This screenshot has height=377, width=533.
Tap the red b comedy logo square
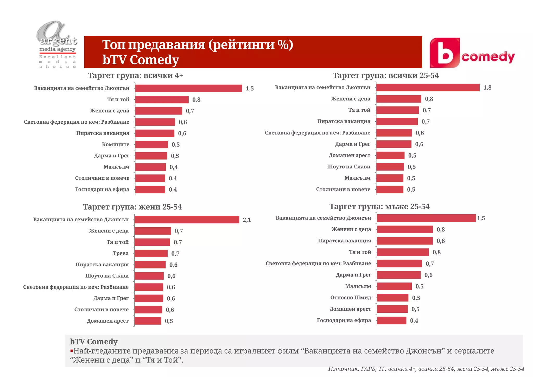(x=445, y=53)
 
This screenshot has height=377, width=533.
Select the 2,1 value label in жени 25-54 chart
(x=247, y=220)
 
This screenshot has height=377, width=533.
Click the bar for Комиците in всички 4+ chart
(x=151, y=144)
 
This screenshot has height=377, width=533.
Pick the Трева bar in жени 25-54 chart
(x=151, y=253)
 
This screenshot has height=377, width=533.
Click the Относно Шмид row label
(x=351, y=298)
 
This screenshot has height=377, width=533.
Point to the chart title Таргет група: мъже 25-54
(x=379, y=206)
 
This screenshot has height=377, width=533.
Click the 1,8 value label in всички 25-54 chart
(x=487, y=88)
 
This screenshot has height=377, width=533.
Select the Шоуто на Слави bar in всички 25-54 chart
(x=390, y=167)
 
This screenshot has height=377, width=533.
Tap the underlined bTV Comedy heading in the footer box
(x=94, y=342)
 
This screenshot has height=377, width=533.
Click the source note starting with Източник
(x=426, y=369)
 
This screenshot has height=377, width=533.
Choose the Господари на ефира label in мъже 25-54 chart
(x=344, y=320)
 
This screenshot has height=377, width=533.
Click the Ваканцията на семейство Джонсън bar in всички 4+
(x=188, y=88)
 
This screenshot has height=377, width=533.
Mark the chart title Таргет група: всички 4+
(x=135, y=76)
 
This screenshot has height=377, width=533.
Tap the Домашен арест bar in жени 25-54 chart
(x=148, y=321)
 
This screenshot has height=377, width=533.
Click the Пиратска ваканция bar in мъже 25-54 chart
(x=405, y=241)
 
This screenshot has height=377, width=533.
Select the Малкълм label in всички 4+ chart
(x=116, y=167)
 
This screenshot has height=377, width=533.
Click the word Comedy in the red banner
(x=154, y=60)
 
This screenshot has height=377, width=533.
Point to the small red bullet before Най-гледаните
(x=72, y=351)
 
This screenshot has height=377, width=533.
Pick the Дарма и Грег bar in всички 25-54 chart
(x=394, y=144)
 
